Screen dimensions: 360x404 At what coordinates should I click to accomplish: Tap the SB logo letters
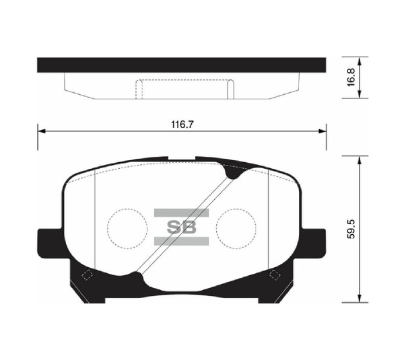182,226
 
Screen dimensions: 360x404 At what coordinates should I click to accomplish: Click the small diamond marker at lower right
274,275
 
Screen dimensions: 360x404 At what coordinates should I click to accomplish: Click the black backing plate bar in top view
181,65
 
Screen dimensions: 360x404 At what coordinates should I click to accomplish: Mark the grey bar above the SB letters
182,213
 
